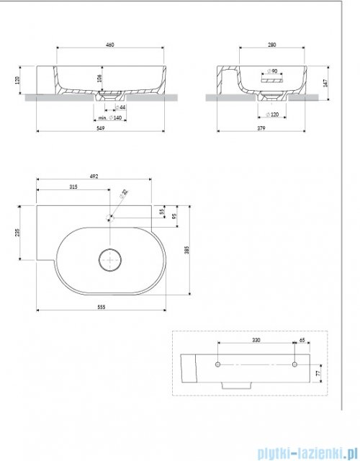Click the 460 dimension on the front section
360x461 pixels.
coord(110,45)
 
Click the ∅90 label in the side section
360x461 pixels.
coord(271,71)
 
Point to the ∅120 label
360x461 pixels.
coord(272,115)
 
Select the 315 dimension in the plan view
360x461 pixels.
coord(72,187)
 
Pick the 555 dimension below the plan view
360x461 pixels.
coord(101,305)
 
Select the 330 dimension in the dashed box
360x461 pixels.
coord(256,339)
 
